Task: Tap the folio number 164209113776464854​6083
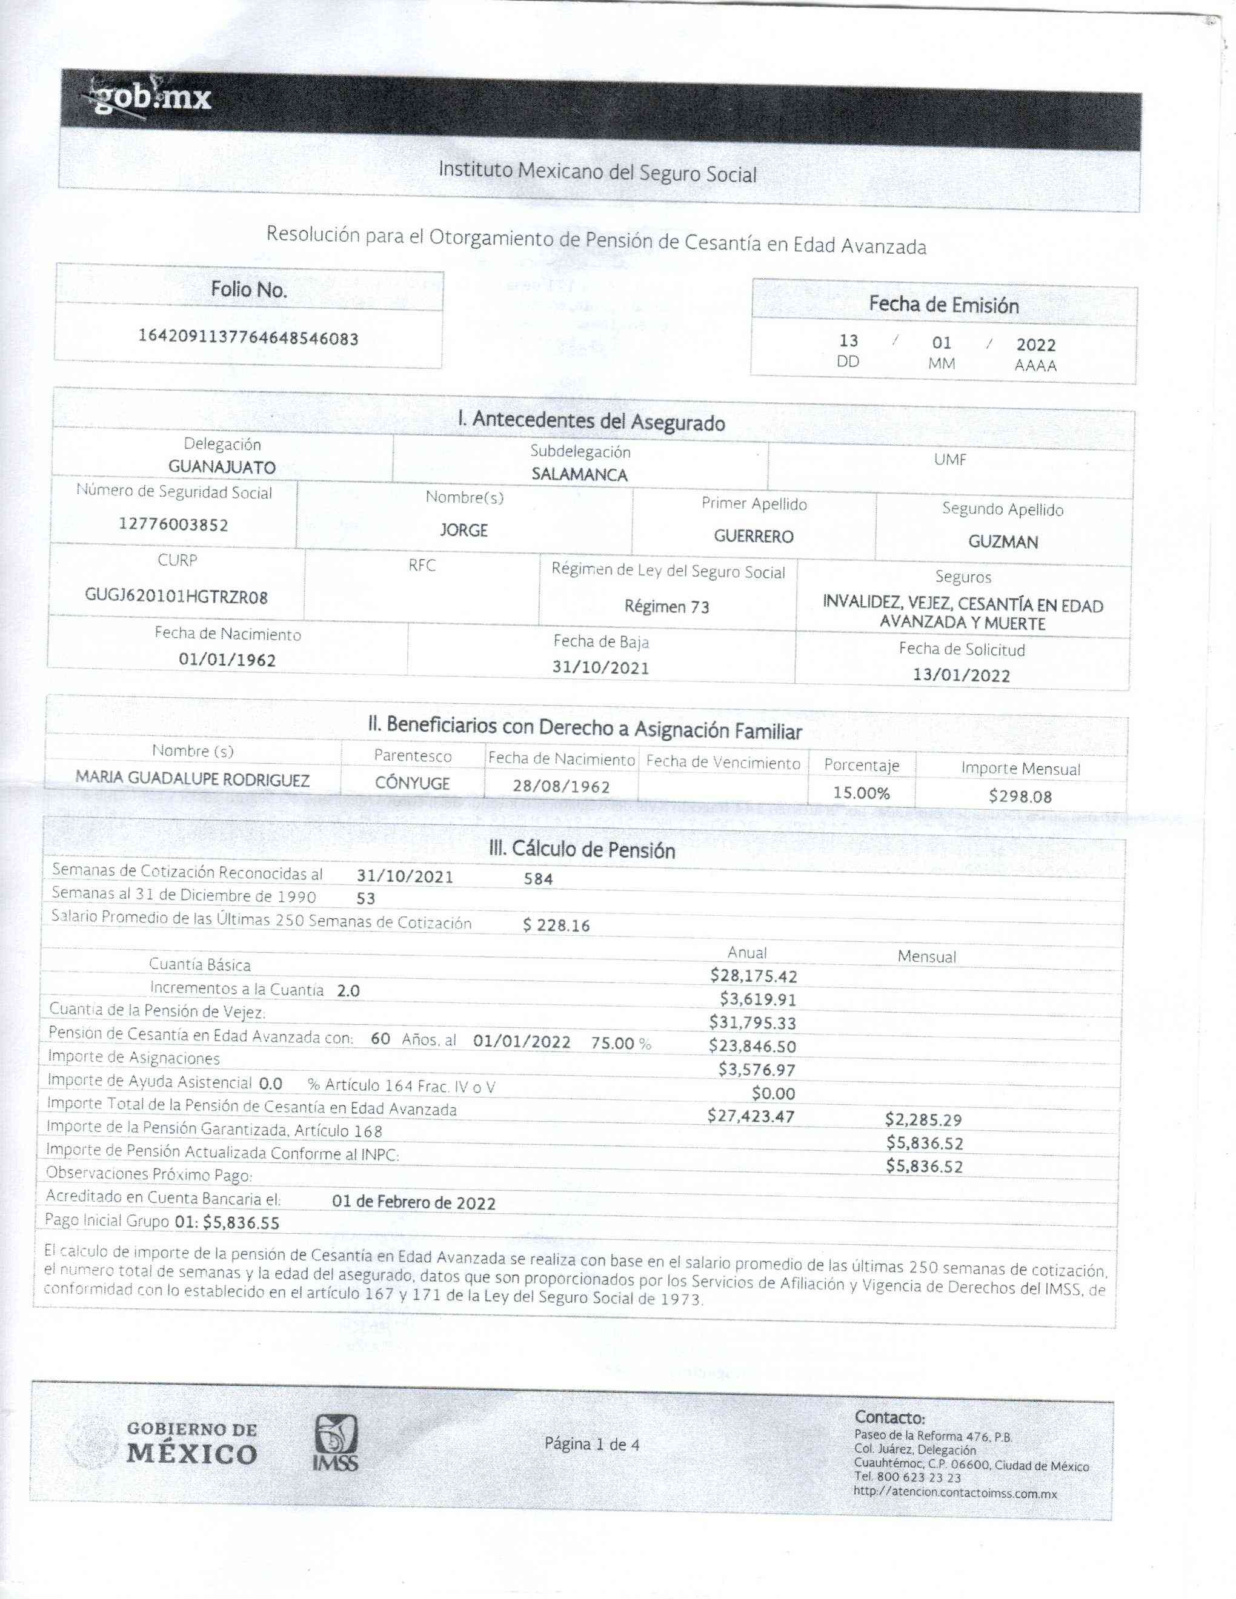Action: [248, 337]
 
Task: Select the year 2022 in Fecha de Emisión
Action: [1035, 345]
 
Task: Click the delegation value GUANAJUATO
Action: [222, 467]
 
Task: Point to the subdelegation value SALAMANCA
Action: [579, 474]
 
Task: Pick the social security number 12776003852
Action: [173, 524]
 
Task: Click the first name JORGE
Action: [463, 530]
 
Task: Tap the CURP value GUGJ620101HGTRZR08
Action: [176, 596]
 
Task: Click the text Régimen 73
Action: [666, 606]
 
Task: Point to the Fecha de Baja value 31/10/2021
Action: [600, 667]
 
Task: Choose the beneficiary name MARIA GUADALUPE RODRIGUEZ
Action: [193, 780]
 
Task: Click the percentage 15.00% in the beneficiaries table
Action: [861, 793]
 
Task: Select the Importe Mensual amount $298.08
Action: [1020, 796]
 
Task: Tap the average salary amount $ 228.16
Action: [556, 925]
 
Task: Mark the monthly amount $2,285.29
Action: [923, 1119]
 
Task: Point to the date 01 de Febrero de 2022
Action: [414, 1203]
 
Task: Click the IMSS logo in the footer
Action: [336, 1443]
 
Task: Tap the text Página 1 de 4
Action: [591, 1444]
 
